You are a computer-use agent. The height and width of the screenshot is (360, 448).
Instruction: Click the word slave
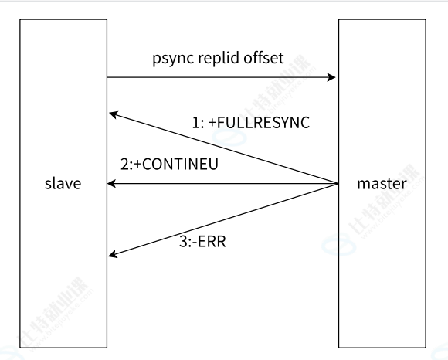coord(63,183)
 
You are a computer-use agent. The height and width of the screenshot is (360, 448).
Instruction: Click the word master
coord(382,183)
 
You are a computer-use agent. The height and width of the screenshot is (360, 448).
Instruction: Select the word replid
coord(219,58)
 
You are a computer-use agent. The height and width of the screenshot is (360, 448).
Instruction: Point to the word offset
coord(263,57)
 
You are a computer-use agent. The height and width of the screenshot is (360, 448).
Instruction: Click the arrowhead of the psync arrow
coord(331,77)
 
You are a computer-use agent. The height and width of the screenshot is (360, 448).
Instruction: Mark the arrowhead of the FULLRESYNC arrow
coord(114,114)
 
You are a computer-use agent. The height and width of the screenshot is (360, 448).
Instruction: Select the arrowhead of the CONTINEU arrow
coord(111,183)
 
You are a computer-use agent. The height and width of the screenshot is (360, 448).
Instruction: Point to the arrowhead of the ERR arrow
coord(113,253)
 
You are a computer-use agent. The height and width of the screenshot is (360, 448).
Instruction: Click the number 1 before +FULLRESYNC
coord(195,123)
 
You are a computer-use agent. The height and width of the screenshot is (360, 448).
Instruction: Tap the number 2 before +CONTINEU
coord(124,165)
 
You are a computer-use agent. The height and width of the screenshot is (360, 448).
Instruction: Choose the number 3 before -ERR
coord(183,242)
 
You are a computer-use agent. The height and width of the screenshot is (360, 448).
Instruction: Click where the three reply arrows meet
coord(338,183)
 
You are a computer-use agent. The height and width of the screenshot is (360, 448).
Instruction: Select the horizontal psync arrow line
coord(222,77)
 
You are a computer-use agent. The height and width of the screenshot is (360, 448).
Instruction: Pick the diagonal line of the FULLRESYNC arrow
coord(224,148)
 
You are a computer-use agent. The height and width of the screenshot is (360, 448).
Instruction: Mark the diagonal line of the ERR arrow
coord(223,219)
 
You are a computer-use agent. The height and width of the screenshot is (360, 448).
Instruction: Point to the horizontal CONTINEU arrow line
coord(223,183)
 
